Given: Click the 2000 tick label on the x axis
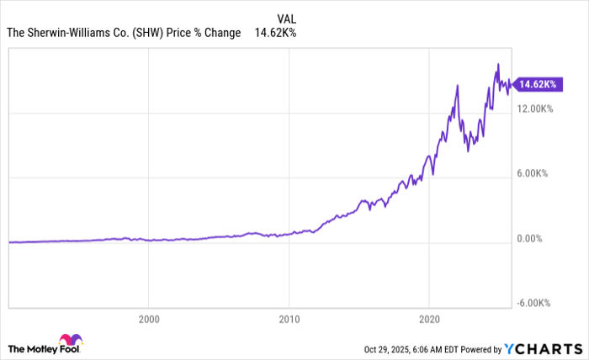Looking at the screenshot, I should click(x=148, y=320).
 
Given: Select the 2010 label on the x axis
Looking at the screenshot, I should click(x=289, y=320).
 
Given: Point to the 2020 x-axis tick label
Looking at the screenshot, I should click(x=429, y=320).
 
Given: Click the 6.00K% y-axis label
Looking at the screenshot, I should click(x=533, y=173).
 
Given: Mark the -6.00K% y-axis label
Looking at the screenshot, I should click(x=533, y=304).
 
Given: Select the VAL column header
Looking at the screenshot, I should click(x=287, y=18).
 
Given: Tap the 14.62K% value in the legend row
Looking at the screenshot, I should click(x=275, y=34).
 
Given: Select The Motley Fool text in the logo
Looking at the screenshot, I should click(x=33, y=348).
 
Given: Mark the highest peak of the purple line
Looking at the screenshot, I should click(x=498, y=64).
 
